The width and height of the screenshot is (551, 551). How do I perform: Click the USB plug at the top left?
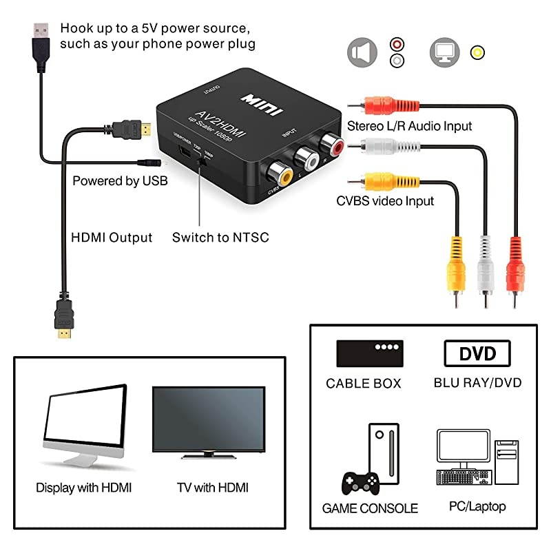[41, 36]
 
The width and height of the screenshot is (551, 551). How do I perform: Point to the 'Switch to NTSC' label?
[220, 238]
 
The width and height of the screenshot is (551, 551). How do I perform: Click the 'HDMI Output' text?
[112, 238]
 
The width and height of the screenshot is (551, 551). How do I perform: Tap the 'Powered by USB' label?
[120, 182]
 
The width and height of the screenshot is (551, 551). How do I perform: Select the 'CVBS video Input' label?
[385, 201]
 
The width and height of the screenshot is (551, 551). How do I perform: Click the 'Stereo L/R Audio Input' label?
[409, 126]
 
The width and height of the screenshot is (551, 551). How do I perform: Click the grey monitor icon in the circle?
[444, 52]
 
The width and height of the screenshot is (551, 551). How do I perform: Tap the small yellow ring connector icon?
[477, 52]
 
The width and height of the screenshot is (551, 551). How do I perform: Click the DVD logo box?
[477, 354]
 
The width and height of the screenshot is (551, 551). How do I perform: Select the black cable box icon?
[369, 353]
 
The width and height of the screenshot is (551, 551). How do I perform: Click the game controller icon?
[361, 482]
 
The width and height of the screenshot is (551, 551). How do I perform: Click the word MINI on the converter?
[258, 96]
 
